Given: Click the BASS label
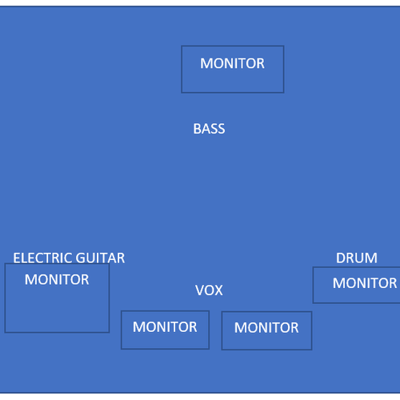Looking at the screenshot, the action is point(209,129).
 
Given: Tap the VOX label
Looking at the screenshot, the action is point(209,290).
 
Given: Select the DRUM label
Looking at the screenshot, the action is point(357,258).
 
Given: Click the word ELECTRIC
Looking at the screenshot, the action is point(42,258).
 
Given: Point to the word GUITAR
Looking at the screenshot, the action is point(100,258).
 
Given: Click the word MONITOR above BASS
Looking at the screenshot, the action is point(232,63).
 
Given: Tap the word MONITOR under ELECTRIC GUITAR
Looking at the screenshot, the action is point(57,279).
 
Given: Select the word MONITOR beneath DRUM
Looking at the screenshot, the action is point(365,283).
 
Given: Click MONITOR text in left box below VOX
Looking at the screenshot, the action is point(165,326).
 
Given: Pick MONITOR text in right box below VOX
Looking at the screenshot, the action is point(266,327).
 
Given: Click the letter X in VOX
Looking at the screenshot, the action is point(218,290).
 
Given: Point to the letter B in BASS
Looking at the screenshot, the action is point(197,129).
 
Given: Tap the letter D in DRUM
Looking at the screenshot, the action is point(340,258).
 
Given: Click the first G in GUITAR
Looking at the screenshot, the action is point(80,258).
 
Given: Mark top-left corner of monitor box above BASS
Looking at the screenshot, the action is point(182,46).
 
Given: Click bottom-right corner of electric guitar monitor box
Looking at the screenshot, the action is point(109,332).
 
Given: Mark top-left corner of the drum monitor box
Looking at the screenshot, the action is point(313,267).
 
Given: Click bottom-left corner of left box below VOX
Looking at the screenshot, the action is point(122,349).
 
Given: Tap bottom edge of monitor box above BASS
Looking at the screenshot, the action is point(233,93).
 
